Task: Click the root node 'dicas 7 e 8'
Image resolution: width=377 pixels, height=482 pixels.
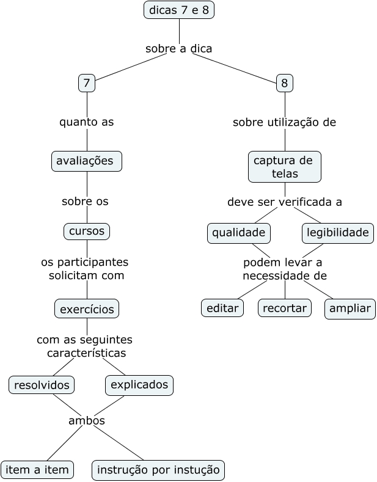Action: (179, 10)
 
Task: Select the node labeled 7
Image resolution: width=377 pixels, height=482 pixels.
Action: (87, 82)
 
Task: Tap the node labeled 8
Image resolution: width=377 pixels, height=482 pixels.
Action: (285, 82)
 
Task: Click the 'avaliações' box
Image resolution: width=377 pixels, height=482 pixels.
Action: (86, 161)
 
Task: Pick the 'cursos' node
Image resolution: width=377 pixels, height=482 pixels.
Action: (87, 232)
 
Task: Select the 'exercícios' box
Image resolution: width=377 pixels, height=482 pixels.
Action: (87, 309)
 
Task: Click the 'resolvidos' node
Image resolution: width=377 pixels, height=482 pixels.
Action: (42, 385)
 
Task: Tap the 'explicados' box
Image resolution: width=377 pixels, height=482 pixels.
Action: (139, 385)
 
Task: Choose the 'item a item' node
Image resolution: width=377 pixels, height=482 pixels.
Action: (37, 470)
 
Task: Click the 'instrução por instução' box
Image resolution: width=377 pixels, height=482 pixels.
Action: (158, 470)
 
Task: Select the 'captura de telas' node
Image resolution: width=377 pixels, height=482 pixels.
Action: (285, 167)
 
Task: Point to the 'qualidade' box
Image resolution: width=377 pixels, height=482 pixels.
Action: (238, 233)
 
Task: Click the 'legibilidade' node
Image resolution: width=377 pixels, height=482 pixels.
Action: (338, 233)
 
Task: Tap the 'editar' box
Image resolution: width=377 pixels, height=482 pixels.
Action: (222, 309)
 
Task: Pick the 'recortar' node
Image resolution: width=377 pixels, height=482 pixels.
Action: (285, 309)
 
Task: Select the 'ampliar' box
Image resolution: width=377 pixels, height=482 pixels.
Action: (350, 309)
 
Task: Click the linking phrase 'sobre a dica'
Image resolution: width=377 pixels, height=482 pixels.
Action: (178, 48)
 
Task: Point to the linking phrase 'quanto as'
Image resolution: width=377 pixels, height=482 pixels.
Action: (86, 122)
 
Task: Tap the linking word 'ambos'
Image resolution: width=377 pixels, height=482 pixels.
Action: (86, 421)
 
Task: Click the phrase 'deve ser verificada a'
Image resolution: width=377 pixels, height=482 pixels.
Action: (285, 202)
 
